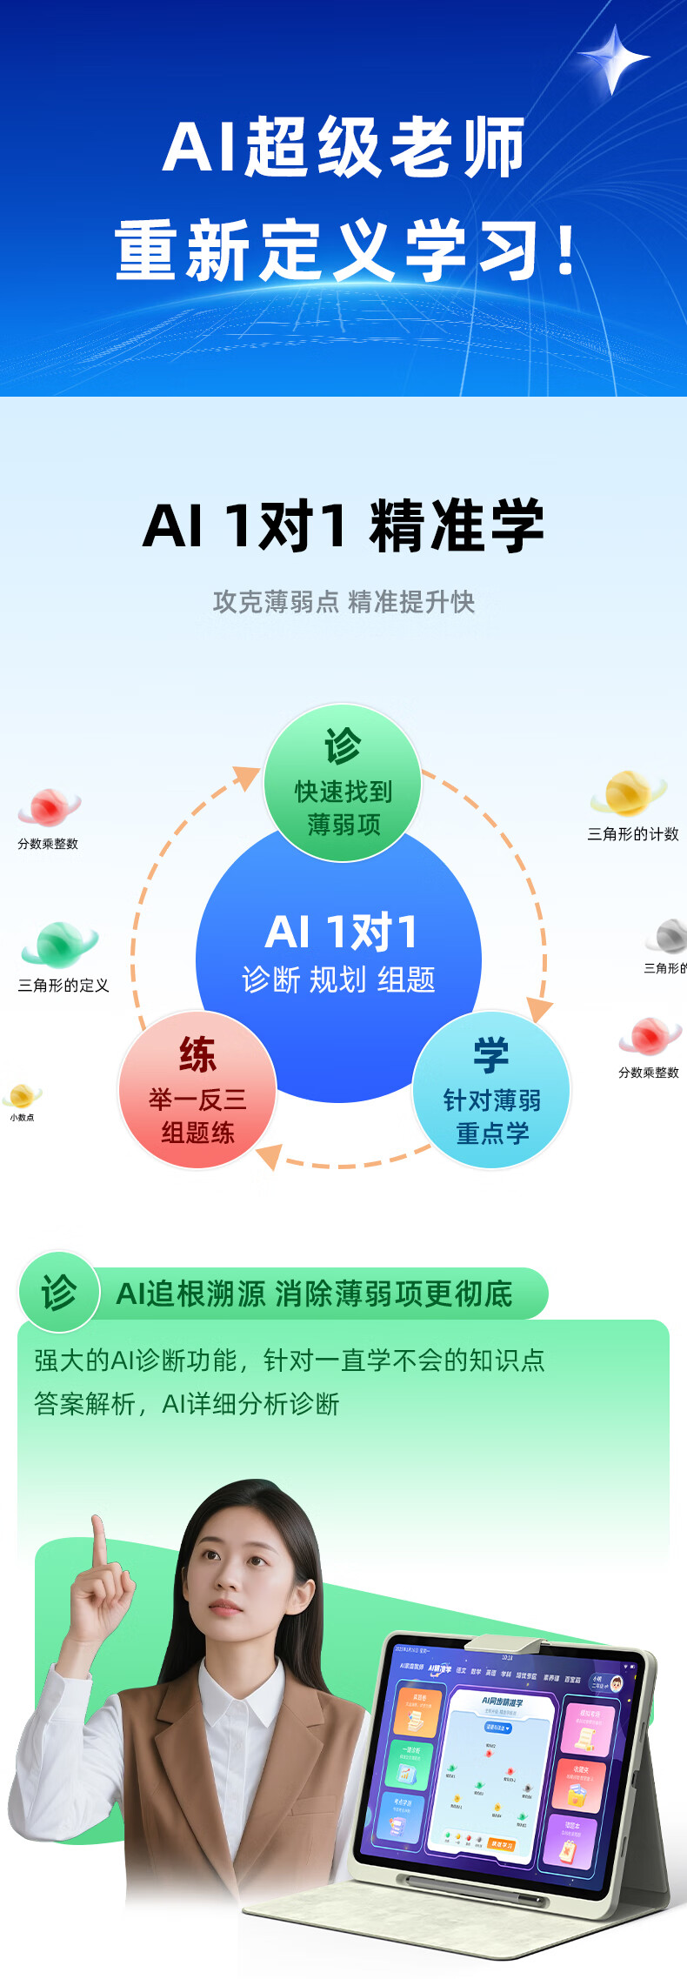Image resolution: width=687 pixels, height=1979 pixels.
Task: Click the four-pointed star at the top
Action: coord(614,58)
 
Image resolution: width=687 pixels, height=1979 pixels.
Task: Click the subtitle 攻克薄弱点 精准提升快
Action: coord(343,602)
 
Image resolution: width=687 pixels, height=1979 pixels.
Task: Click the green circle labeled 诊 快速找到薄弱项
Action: coord(343,783)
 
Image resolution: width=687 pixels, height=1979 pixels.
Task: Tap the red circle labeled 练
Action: coord(197,1090)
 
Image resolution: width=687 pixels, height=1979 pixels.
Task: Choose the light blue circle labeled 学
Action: coord(491,1090)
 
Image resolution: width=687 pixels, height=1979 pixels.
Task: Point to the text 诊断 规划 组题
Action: coord(338,980)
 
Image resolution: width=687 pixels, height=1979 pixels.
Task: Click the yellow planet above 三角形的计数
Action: coord(628,793)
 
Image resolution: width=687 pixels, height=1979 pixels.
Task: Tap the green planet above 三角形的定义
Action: coord(58,944)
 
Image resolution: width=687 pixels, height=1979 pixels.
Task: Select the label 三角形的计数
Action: coord(632,834)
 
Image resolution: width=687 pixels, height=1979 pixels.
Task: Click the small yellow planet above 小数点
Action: coord(22,1095)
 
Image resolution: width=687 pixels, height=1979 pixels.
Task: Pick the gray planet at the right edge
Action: coord(670,936)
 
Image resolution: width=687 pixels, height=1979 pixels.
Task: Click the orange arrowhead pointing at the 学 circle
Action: coord(538,1010)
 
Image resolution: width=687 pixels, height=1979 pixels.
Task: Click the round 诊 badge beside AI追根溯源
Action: coord(59,1292)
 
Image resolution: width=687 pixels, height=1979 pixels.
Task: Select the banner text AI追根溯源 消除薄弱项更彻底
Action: coord(315,1294)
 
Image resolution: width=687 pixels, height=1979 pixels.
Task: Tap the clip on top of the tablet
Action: coord(504,1643)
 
